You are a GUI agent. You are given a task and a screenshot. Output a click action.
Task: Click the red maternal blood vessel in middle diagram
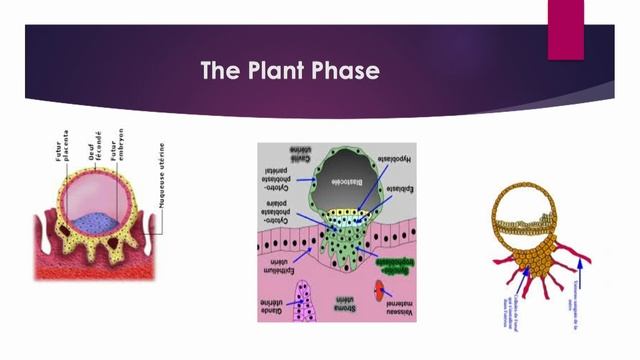coord(382,293)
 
